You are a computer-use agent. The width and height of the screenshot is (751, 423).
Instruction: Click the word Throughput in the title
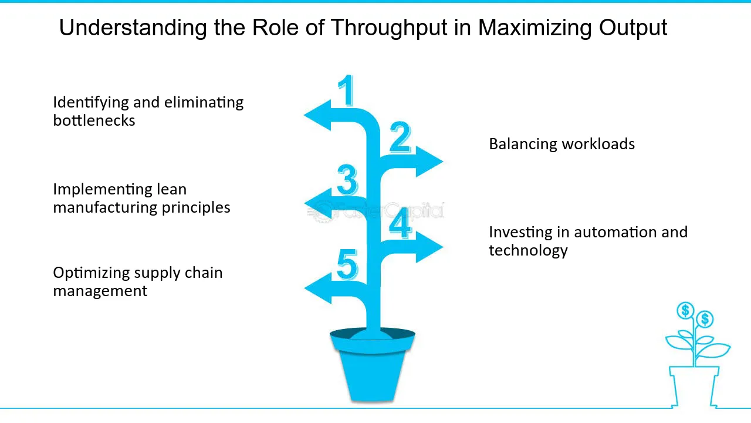click(x=389, y=28)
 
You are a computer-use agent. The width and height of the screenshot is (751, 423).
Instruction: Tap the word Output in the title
click(x=633, y=28)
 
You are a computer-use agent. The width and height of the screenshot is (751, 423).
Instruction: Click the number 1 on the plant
click(x=346, y=90)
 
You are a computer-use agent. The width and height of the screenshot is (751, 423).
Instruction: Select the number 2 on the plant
click(x=400, y=137)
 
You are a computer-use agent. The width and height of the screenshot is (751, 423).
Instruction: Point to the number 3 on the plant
click(x=347, y=179)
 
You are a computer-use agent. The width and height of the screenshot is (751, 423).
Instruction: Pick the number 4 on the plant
click(x=400, y=223)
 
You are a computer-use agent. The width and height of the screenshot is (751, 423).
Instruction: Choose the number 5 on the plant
click(x=347, y=264)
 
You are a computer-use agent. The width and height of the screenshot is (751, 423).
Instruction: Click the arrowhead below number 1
click(x=317, y=115)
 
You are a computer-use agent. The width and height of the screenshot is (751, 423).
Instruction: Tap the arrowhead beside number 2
click(x=429, y=161)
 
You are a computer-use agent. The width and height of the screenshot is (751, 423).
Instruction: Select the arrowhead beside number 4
click(x=429, y=247)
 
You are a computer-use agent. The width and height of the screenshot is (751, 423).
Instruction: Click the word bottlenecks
click(x=94, y=120)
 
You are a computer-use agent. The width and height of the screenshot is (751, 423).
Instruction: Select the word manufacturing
click(x=105, y=207)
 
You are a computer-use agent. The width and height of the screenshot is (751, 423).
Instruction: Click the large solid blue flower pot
click(x=373, y=365)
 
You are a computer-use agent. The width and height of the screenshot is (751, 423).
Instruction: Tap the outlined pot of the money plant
click(x=694, y=387)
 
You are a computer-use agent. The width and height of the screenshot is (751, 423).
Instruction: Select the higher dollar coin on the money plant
click(x=685, y=310)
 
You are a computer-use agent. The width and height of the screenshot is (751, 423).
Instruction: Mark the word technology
click(x=528, y=250)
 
